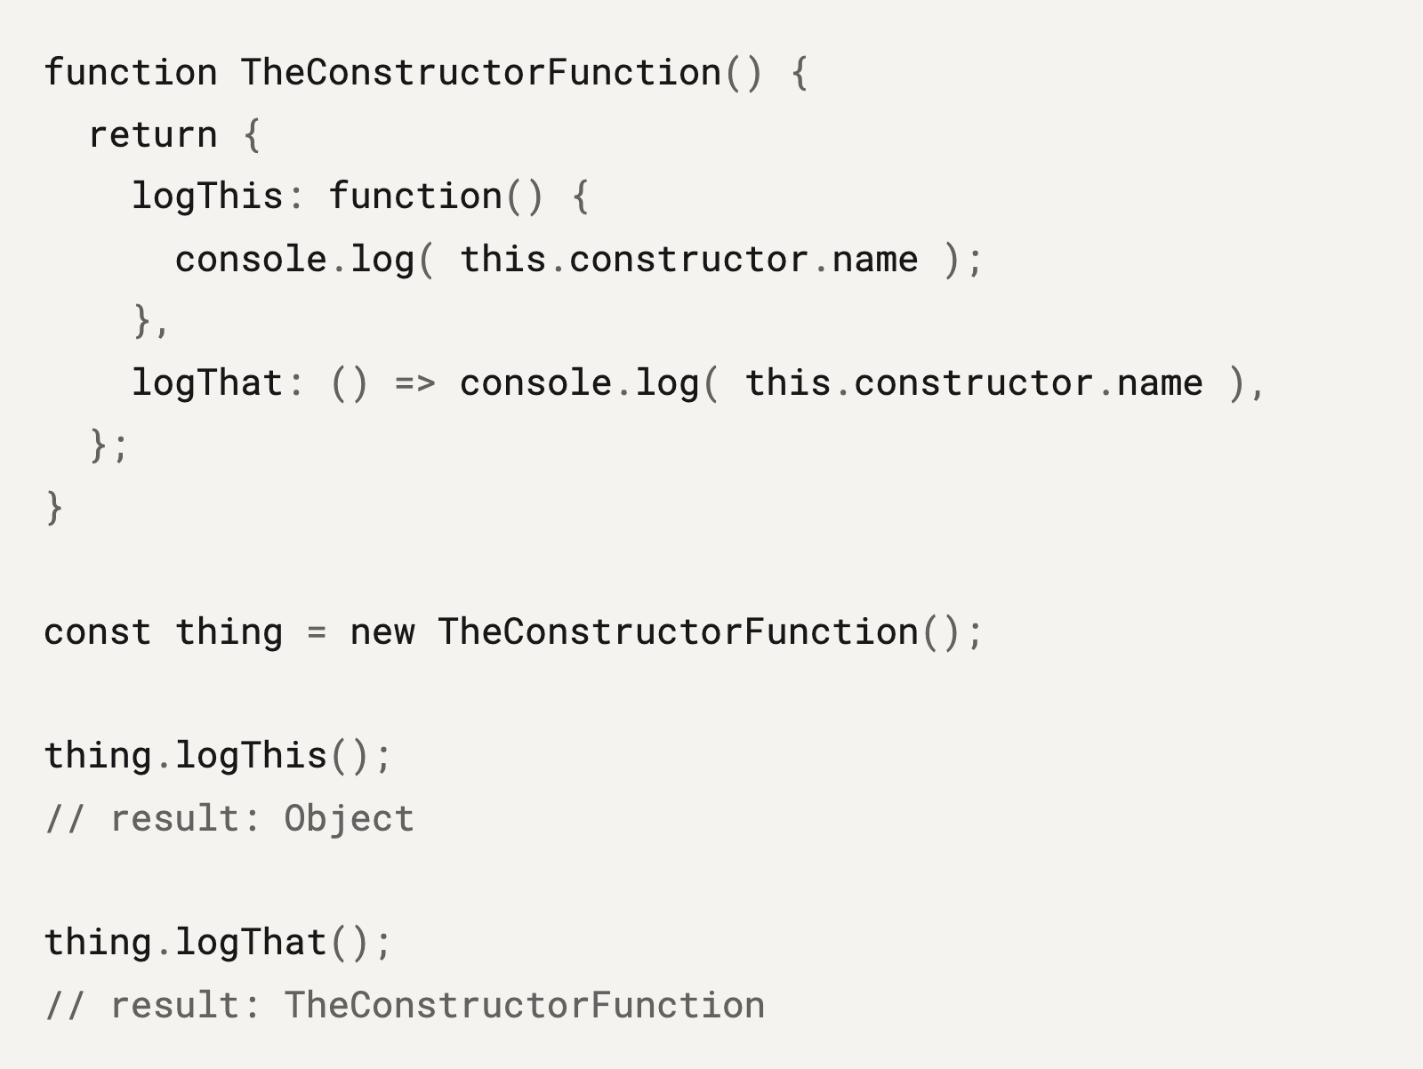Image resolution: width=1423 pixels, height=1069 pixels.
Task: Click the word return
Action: (153, 135)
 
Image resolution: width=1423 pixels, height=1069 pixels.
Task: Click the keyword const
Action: (98, 631)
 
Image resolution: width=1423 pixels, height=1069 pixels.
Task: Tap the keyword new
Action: (382, 632)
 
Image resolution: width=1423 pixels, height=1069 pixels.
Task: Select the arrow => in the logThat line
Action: (415, 383)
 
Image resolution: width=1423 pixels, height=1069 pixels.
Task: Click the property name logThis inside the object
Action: (207, 197)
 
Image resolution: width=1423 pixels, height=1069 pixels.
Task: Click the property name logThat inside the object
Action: (207, 383)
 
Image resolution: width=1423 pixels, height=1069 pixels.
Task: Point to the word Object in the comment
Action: (350, 818)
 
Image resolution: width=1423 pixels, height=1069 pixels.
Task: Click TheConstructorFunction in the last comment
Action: (525, 1005)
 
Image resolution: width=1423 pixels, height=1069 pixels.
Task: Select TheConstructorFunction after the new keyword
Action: (678, 631)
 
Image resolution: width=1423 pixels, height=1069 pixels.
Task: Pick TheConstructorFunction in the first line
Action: (481, 72)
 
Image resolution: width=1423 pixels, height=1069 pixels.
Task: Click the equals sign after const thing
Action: (317, 632)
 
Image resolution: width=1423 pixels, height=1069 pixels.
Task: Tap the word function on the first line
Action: (131, 72)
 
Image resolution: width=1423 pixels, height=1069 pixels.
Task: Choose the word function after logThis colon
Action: (415, 197)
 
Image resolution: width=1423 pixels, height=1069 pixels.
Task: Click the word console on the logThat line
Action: (535, 383)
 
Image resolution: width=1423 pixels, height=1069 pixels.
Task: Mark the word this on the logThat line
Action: (788, 383)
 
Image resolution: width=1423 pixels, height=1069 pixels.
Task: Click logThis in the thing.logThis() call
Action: (251, 756)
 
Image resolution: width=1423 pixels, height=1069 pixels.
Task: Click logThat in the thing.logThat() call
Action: (251, 943)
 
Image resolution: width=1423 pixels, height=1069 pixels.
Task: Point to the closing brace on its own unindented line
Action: (54, 507)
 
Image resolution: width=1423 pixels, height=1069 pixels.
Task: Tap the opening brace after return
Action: (253, 135)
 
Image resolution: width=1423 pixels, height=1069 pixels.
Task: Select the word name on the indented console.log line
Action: (875, 260)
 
